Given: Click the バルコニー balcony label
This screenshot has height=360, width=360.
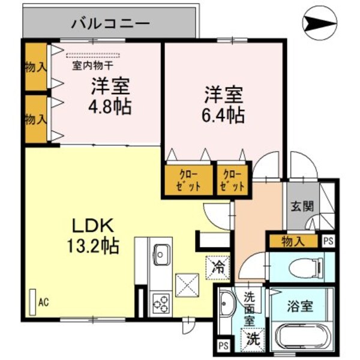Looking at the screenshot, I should (x=111, y=24).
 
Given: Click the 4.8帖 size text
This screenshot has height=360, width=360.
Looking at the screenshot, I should (x=111, y=108).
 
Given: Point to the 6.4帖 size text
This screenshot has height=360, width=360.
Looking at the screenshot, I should (x=223, y=113).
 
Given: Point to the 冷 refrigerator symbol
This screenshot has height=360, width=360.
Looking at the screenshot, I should (x=217, y=266).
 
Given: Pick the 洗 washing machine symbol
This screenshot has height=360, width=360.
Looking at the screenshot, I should (x=253, y=338).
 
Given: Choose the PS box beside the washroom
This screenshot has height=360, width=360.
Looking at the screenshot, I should (x=223, y=346).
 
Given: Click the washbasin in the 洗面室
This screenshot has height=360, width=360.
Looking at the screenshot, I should (x=227, y=307).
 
